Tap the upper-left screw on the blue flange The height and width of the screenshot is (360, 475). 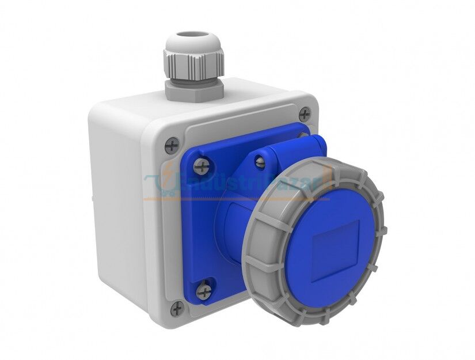(x=200, y=167)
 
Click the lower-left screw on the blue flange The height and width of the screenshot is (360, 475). (x=203, y=290)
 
